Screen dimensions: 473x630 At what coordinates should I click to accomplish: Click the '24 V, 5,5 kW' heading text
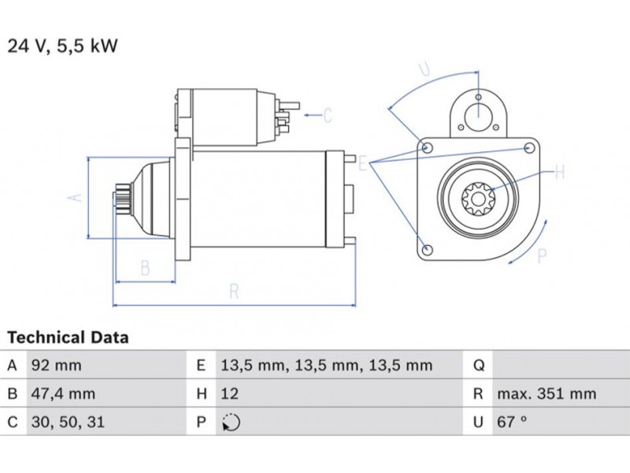[x=63, y=46]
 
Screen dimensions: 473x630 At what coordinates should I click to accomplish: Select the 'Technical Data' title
[x=69, y=337]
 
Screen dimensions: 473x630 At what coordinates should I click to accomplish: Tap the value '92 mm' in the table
[x=56, y=366]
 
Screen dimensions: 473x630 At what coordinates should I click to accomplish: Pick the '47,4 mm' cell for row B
[x=63, y=394]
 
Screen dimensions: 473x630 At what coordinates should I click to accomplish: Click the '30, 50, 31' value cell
[x=67, y=423]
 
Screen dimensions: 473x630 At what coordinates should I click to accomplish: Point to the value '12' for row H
[x=229, y=394]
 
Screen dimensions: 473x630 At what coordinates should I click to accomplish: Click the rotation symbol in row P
[x=231, y=423]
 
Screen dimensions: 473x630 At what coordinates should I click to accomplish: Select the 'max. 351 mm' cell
[x=546, y=394]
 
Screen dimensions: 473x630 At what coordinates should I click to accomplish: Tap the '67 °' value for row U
[x=511, y=423]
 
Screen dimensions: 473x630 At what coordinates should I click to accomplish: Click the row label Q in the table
[x=477, y=366]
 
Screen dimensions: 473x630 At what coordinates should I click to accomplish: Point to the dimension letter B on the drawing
[x=145, y=268]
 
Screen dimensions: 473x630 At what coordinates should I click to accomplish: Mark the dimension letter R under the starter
[x=233, y=291]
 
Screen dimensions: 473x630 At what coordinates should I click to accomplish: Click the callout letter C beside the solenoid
[x=328, y=116]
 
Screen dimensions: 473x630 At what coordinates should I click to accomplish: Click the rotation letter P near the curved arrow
[x=542, y=254]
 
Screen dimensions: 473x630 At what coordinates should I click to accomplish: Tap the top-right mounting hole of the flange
[x=530, y=148]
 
